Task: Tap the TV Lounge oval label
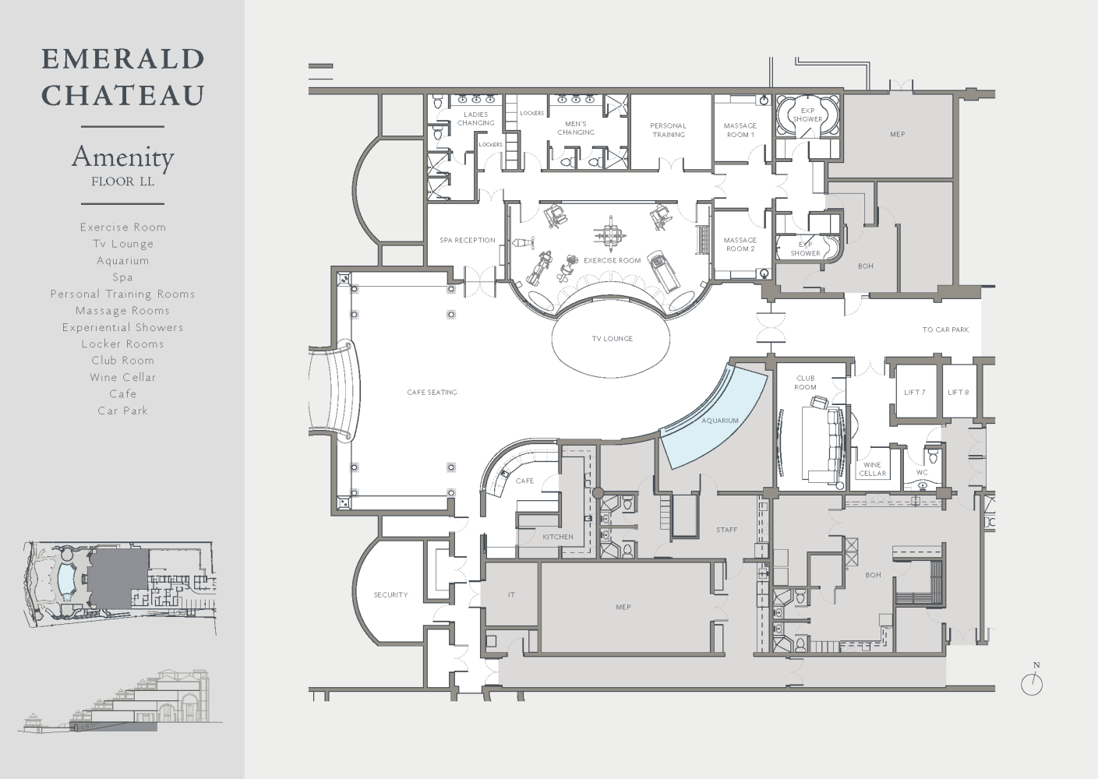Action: [613, 339]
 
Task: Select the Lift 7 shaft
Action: [915, 392]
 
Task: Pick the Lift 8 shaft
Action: [959, 392]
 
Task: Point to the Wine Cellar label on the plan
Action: [872, 470]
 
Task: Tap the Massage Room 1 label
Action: [740, 130]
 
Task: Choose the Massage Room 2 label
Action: [740, 245]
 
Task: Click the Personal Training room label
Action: [668, 130]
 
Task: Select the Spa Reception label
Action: [468, 240]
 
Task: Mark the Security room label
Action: [390, 595]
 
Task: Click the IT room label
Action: [511, 595]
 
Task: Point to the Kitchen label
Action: [558, 537]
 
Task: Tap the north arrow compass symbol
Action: [1033, 683]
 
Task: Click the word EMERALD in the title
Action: [123, 58]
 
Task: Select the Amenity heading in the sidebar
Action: [123, 158]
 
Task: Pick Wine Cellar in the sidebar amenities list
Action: [123, 377]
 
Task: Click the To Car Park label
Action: [945, 330]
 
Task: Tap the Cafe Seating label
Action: [432, 393]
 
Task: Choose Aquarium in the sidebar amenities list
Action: [123, 261]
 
